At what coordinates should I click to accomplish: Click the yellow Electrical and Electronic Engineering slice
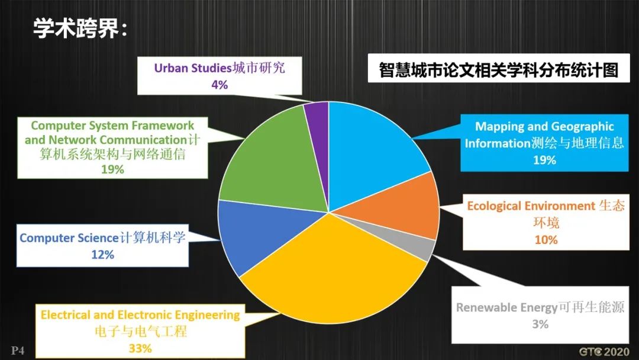click(x=331, y=272)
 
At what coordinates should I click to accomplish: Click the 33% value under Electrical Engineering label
click(x=140, y=348)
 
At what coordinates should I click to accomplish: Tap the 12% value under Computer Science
click(x=102, y=255)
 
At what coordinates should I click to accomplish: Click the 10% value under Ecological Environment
click(x=546, y=239)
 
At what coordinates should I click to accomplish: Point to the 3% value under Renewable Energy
click(x=540, y=324)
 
